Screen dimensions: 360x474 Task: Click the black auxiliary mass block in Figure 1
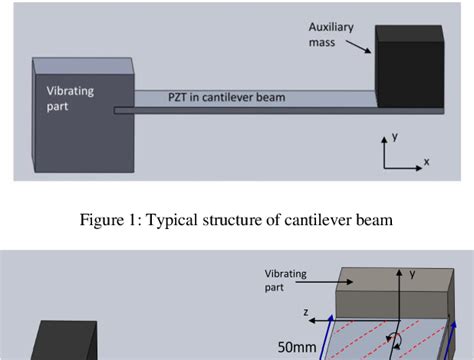tap(408, 66)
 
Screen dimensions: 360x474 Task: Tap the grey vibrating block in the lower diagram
tap(390, 295)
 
